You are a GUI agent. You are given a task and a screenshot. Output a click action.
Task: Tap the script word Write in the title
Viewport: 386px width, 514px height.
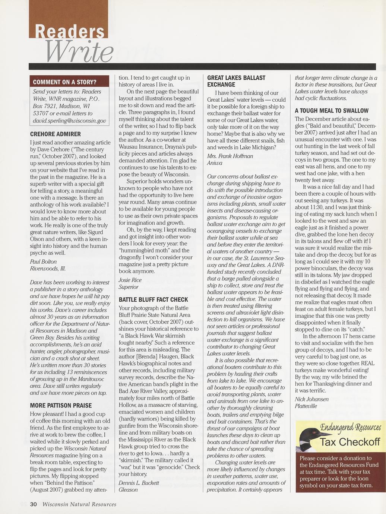point(79,52)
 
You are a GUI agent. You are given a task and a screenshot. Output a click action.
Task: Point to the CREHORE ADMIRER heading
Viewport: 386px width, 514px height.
point(55,134)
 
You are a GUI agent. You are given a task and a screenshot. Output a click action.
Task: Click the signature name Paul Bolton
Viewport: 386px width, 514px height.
point(43,261)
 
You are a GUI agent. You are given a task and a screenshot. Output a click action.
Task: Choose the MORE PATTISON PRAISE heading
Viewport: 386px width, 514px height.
point(61,405)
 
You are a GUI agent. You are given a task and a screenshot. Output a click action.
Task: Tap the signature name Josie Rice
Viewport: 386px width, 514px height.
point(130,280)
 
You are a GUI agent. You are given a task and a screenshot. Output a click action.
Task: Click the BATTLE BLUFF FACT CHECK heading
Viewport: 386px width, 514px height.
point(154,299)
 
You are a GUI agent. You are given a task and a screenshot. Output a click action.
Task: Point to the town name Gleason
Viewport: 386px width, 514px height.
point(128,490)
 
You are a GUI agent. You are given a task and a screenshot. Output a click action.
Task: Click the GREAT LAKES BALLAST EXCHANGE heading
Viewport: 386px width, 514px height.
point(236,81)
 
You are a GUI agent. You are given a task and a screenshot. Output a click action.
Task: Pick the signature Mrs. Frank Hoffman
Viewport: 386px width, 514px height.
point(230,156)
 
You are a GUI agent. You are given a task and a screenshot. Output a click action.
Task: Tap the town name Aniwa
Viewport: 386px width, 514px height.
point(215,163)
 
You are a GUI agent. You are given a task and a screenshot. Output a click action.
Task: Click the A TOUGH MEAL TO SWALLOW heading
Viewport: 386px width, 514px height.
point(332,111)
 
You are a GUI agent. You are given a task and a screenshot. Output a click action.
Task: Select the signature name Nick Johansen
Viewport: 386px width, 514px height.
point(311,399)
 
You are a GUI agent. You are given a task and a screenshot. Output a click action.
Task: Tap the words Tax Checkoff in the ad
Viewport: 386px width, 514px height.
point(350,442)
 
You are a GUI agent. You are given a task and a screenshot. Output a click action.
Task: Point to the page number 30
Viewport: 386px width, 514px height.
point(34,504)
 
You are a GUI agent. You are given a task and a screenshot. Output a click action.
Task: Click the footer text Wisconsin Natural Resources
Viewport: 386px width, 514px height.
point(79,504)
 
